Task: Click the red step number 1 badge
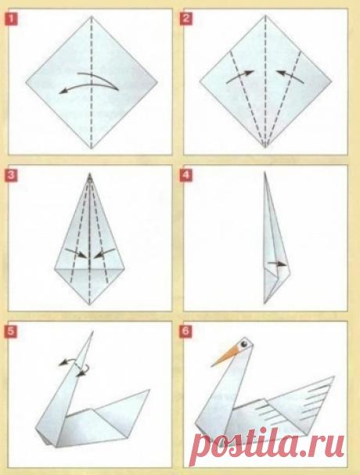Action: click(x=12, y=20)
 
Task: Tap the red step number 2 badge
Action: click(x=185, y=19)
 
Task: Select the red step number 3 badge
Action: click(x=11, y=176)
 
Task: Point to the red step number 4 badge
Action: click(x=185, y=176)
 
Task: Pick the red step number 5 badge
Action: click(x=11, y=331)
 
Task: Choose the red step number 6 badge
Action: click(x=185, y=331)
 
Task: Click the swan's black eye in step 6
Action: click(x=244, y=344)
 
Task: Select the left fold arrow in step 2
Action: click(x=240, y=77)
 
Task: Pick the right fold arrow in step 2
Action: click(x=290, y=76)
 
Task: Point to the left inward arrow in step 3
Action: click(x=77, y=253)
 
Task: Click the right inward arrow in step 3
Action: click(x=104, y=254)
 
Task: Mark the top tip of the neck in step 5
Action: click(x=92, y=332)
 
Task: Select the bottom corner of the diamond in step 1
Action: click(x=92, y=149)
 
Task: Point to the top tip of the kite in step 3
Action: click(x=90, y=173)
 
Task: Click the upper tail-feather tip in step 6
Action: click(x=334, y=376)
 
